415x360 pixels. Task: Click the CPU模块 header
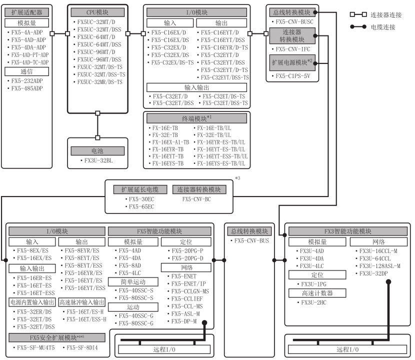[95, 11]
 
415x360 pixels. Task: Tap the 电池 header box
[95, 150]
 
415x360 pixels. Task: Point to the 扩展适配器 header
[27, 11]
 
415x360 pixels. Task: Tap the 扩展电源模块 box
[291, 64]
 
